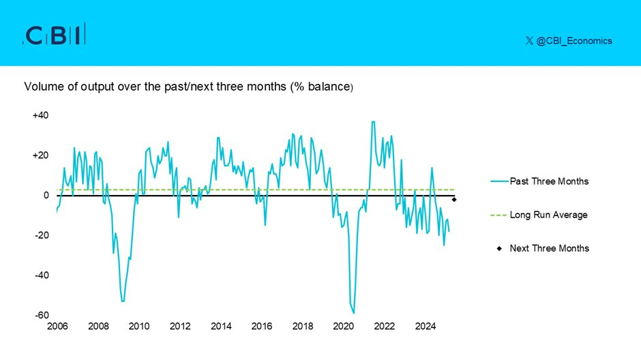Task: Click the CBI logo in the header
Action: coord(54,35)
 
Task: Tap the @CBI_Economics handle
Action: coord(569,41)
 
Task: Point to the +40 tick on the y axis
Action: coord(40,115)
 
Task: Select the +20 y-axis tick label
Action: coord(40,155)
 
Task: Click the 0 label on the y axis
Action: coord(46,196)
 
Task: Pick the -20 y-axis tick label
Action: coord(42,235)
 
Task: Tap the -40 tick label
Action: coord(42,275)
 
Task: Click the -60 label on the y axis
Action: coord(42,316)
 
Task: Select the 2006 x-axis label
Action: coord(57,327)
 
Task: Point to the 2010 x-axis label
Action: coord(139,327)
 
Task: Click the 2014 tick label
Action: coord(221,327)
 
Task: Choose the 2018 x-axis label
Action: coord(303,327)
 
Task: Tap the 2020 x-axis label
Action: coord(344,327)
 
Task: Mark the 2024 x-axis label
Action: coord(426,327)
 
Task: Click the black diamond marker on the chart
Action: coord(455,199)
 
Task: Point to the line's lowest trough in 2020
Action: coord(354,313)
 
